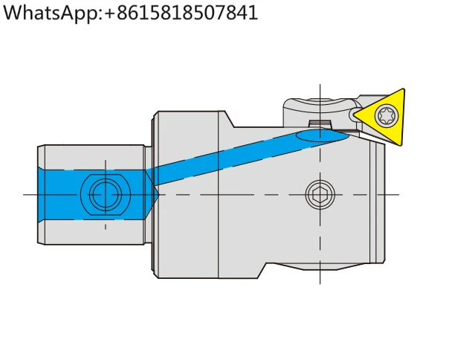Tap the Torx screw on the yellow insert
tap(387, 115)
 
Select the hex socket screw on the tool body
tap(320, 194)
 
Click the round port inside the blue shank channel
tap(106, 194)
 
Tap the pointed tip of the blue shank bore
tap(158, 194)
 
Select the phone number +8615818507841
tap(181, 13)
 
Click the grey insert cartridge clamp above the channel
tap(320, 112)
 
